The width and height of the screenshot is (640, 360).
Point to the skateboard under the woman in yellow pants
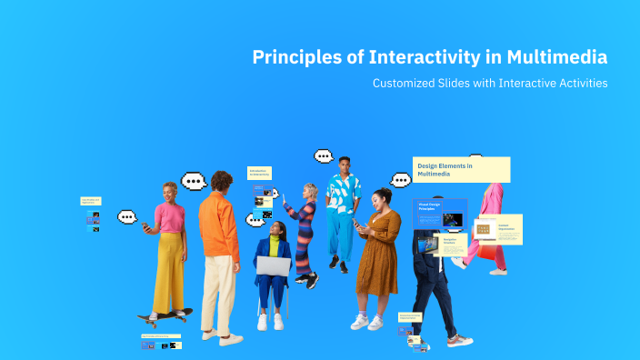(x=165, y=315)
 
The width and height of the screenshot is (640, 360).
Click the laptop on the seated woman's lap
(x=273, y=265)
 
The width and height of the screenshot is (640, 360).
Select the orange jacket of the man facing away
(x=218, y=226)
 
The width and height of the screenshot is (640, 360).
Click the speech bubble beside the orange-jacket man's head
(x=194, y=181)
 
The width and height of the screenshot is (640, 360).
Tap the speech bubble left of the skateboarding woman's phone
(x=127, y=217)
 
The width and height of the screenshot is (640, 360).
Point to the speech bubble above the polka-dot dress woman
(x=401, y=179)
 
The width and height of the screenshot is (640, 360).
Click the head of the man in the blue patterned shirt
(x=343, y=165)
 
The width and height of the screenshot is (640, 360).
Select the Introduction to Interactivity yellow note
(x=260, y=173)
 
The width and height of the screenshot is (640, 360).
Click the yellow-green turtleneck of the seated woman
(x=275, y=245)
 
